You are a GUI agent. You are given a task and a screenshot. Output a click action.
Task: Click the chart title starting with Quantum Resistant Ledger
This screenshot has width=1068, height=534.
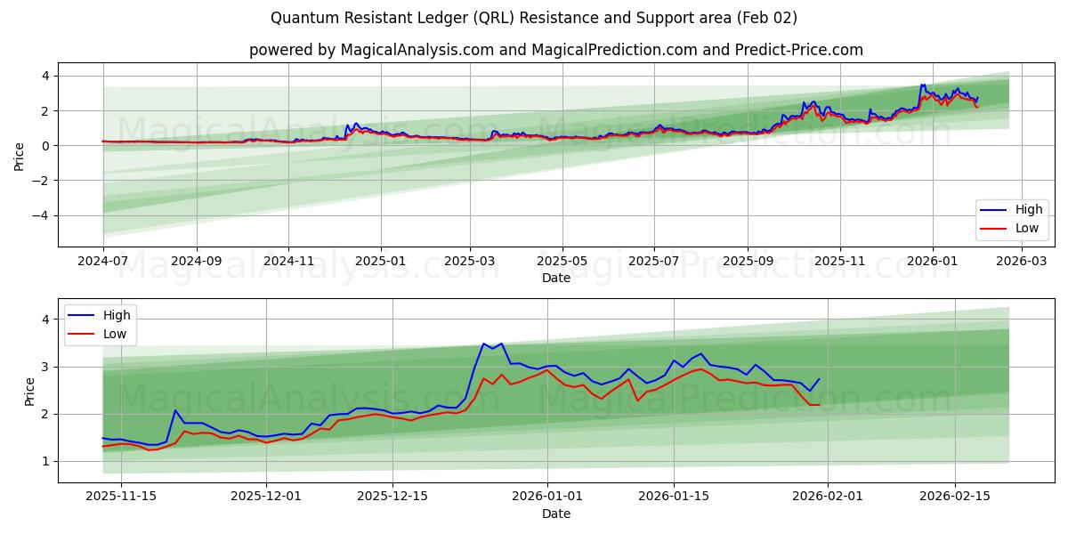click(534, 18)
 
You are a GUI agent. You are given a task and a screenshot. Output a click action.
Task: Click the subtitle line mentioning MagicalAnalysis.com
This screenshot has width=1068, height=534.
click(555, 50)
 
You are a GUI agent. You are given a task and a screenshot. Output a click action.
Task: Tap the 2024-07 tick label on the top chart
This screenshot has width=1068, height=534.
click(103, 262)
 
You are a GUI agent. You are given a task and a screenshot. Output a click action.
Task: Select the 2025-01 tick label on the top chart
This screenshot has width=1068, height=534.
click(381, 262)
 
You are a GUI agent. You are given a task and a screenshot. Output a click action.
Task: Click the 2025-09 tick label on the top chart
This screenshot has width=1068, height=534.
click(747, 262)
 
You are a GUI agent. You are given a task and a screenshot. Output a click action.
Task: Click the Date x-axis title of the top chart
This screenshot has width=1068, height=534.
click(555, 278)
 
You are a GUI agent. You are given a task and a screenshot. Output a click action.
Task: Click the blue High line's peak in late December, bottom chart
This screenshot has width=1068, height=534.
click(483, 344)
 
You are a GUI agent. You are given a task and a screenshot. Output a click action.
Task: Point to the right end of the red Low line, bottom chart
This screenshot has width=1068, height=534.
click(819, 405)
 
